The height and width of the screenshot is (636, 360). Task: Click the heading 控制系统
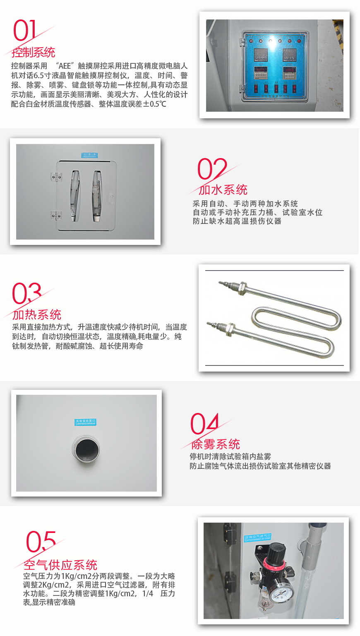point(34,53)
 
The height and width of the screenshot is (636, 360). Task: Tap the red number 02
point(211,169)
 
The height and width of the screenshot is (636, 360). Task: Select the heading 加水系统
point(223,190)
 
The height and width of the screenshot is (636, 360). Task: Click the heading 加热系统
point(37,315)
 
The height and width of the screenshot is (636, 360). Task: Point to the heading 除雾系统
point(216,444)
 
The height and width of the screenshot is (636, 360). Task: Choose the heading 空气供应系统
point(60,565)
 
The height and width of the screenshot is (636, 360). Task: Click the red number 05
point(41,542)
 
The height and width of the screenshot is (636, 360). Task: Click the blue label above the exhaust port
point(85,422)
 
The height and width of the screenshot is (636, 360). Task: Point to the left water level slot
point(75,195)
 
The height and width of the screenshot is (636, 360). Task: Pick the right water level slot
point(97,195)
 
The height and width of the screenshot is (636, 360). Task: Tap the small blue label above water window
point(89,155)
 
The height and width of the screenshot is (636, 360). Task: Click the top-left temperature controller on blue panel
point(260,55)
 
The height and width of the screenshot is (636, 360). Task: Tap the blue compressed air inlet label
point(257,538)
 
